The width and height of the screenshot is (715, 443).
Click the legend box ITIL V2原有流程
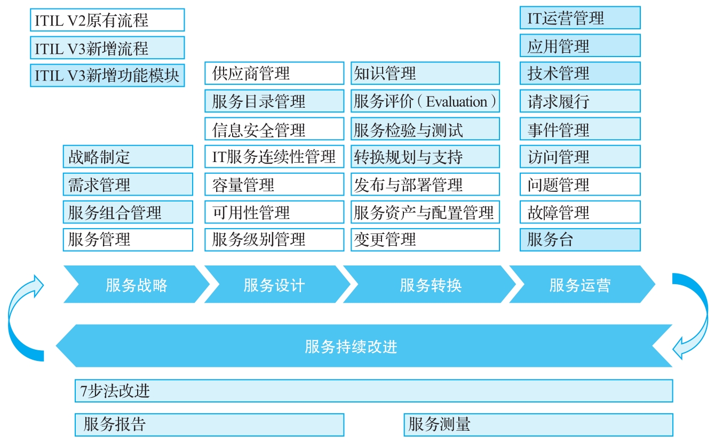[x=107, y=20]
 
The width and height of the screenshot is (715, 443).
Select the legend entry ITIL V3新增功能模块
[x=107, y=75]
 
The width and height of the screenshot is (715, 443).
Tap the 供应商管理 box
[x=274, y=73]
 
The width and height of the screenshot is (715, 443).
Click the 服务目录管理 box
[x=274, y=101]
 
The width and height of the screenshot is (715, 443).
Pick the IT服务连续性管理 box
[x=274, y=156]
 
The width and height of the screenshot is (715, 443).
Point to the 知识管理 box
[x=425, y=73]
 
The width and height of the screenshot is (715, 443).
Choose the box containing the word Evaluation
[x=425, y=101]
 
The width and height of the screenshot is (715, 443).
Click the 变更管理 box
[x=425, y=239]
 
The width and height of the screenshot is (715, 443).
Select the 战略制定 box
[x=128, y=156]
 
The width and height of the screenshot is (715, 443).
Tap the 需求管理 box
[x=128, y=184]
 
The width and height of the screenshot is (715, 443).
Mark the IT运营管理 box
[x=580, y=18]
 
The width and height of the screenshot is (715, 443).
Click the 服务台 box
[x=580, y=239]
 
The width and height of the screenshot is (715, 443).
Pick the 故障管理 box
[x=580, y=212]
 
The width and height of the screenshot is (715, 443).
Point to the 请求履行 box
[x=580, y=101]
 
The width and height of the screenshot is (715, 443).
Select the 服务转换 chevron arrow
[x=430, y=284]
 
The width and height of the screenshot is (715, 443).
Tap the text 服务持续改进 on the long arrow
[x=351, y=347]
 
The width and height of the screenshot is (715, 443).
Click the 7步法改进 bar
[x=374, y=391]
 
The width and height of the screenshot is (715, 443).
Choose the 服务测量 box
[x=538, y=424]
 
